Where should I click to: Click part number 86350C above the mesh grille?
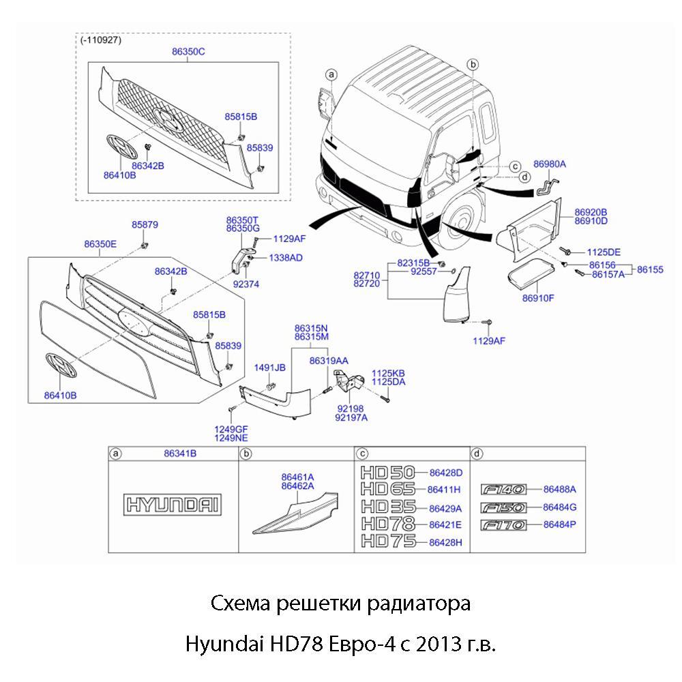(188, 52)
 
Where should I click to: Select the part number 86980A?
(550, 164)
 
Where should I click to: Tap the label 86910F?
(538, 298)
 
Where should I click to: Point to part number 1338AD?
(286, 258)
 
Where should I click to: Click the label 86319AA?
(329, 360)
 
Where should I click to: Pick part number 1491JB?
(269, 368)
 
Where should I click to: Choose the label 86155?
(650, 269)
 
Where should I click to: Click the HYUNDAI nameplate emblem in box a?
(174, 505)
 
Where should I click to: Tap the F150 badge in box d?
(503, 507)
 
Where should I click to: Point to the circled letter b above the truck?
(473, 63)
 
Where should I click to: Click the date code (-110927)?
(101, 40)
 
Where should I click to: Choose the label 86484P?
(560, 524)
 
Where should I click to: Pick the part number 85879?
(145, 224)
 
